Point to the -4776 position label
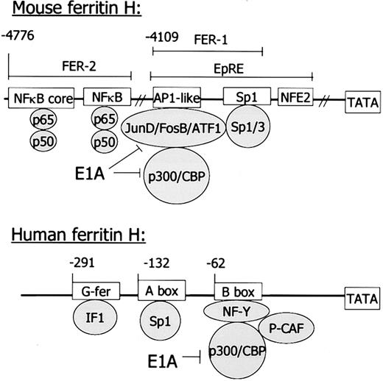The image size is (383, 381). click(18, 35)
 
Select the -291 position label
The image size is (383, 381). click(86, 263)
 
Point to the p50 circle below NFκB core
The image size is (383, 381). click(40, 143)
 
